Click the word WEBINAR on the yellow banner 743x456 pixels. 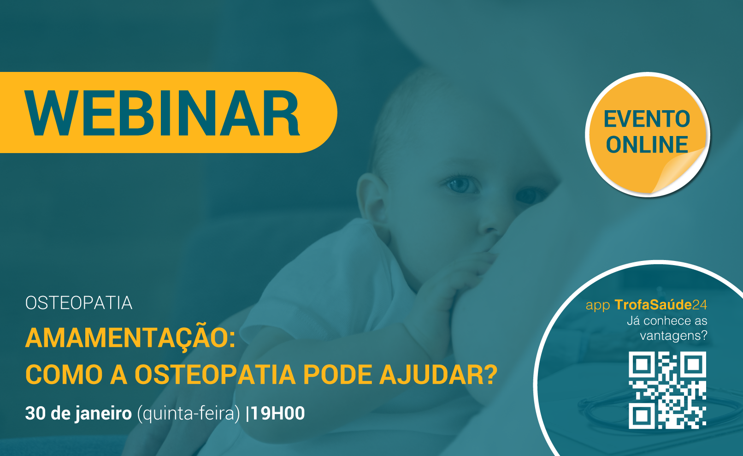(x=162, y=113)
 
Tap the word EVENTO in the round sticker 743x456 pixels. (x=647, y=119)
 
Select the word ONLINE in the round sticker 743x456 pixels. (x=647, y=144)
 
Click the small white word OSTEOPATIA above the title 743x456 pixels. (x=79, y=303)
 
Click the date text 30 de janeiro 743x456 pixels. (x=78, y=414)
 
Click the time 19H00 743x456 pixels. (x=277, y=413)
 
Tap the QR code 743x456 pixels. (x=667, y=390)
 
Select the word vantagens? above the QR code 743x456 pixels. (x=673, y=336)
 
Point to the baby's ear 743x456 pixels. (x=371, y=197)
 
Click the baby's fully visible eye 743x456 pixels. (x=461, y=184)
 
